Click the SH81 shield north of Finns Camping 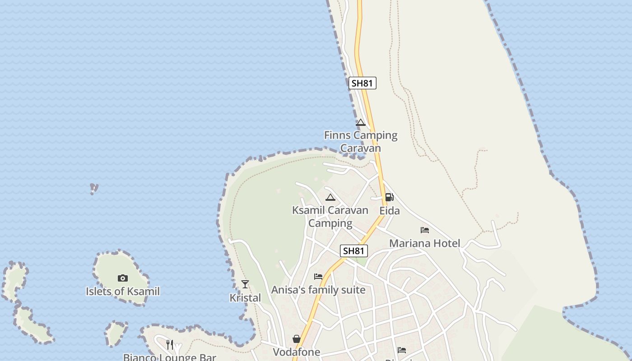362,83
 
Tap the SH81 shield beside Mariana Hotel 353,251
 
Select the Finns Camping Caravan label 361,142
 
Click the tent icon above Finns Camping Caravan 360,122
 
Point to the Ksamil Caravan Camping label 330,217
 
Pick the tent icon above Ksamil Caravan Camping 330,197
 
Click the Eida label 389,211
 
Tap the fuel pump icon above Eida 389,197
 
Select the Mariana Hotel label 424,244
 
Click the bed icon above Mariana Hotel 424,230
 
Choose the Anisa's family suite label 318,290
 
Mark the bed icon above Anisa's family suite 318,276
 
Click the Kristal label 245,298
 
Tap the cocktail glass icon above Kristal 245,284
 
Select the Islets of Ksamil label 123,292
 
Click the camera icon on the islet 122,278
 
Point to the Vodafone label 297,352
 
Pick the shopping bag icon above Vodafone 297,339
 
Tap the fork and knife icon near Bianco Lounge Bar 170,345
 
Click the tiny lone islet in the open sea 94,188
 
